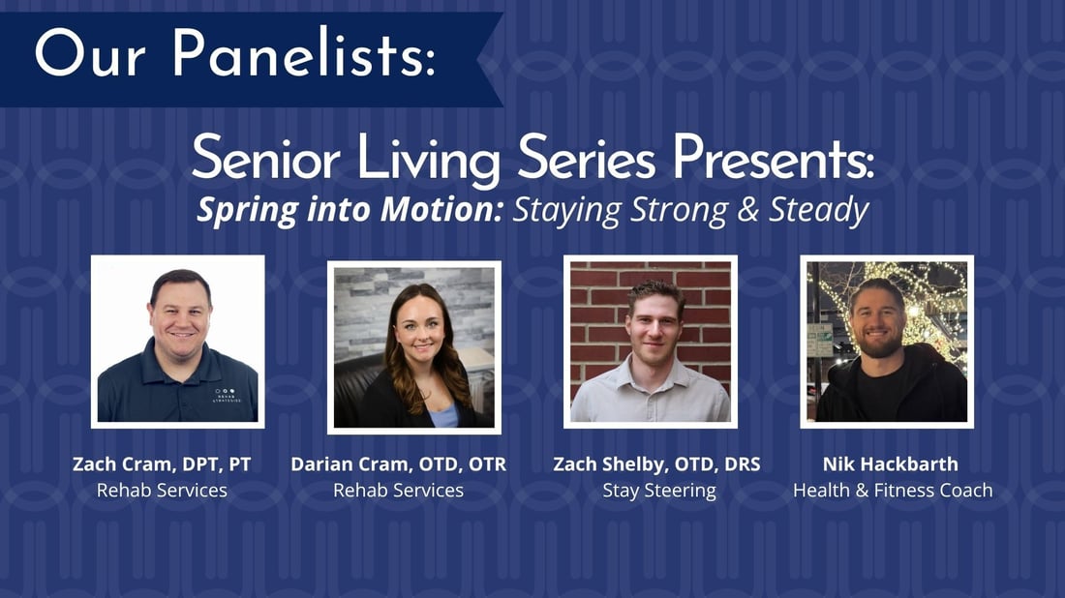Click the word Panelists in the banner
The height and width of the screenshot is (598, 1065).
click(303, 53)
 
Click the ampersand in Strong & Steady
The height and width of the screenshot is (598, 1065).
click(747, 210)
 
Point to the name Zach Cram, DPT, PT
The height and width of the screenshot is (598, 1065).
click(162, 464)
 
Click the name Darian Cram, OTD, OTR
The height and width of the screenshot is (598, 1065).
click(399, 464)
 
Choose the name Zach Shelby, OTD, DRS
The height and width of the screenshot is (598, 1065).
click(656, 464)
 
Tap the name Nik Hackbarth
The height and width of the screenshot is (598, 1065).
click(891, 464)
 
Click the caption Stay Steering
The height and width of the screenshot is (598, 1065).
click(659, 491)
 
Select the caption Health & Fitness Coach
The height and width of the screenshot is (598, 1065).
click(893, 490)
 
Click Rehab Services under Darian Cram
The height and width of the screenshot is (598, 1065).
click(399, 490)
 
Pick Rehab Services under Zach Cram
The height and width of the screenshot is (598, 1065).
click(162, 490)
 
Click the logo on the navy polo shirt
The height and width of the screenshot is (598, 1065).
click(227, 395)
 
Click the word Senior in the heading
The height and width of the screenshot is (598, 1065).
click(265, 158)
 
